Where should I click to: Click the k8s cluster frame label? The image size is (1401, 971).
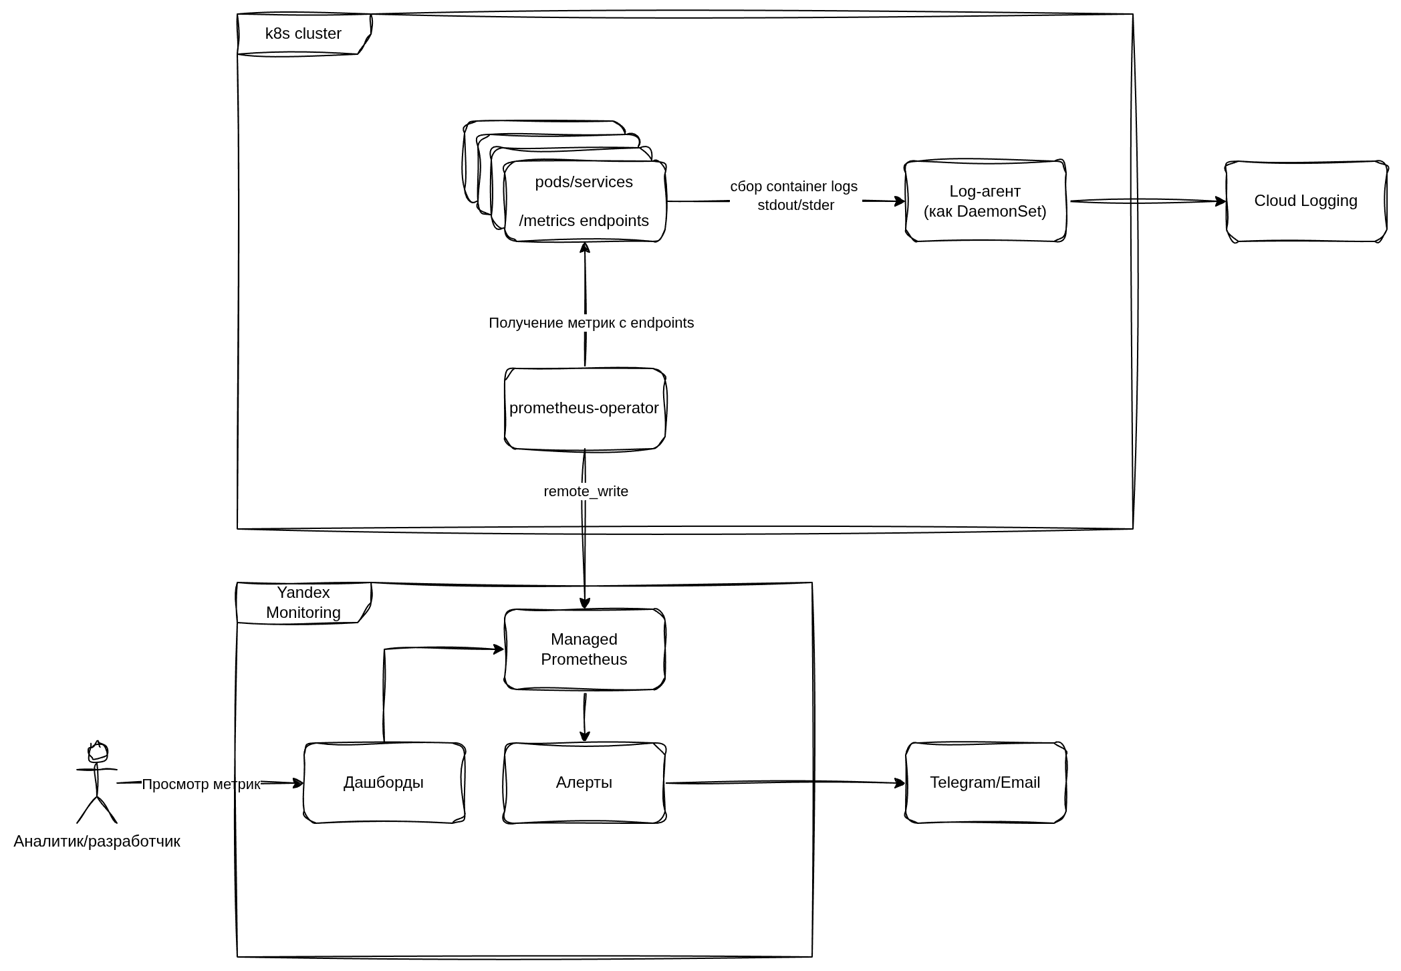click(303, 33)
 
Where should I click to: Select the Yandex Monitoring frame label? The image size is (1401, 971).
click(303, 603)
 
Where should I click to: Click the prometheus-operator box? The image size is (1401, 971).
click(584, 408)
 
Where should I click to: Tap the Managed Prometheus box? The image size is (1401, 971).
click(584, 649)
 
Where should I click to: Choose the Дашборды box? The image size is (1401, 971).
click(384, 782)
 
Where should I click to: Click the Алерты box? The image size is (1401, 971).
click(584, 782)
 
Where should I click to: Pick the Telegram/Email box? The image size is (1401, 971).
click(985, 782)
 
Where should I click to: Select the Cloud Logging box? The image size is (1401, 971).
click(1305, 201)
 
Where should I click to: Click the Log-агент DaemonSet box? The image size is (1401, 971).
click(985, 201)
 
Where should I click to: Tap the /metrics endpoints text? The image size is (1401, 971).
click(584, 221)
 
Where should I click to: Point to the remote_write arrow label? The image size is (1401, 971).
click(586, 492)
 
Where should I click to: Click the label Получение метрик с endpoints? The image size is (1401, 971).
click(591, 323)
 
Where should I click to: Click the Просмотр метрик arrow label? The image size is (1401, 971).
click(201, 784)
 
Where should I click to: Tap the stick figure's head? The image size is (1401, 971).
click(98, 752)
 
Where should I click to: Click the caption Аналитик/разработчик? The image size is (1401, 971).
click(97, 841)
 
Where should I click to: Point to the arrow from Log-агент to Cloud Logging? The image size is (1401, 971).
click(1146, 201)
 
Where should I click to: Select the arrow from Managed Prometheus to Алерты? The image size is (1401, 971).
click(585, 716)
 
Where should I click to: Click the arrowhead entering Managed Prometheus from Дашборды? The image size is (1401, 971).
click(498, 649)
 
